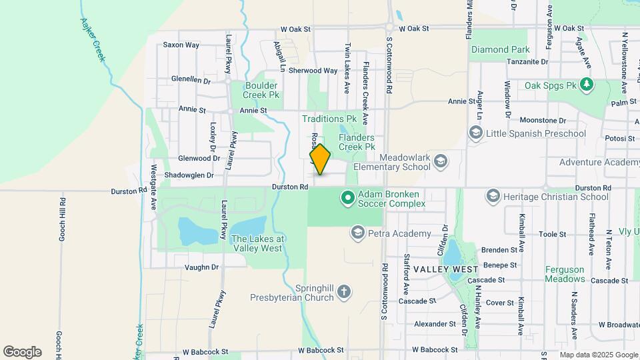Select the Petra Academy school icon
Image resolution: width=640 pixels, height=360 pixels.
tap(357, 233)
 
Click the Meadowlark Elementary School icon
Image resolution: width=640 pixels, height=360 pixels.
tap(440, 161)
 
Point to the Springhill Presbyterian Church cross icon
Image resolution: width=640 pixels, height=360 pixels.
tap(343, 291)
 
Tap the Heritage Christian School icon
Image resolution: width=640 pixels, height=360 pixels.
tap(493, 196)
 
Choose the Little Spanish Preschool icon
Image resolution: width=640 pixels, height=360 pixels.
tap(476, 133)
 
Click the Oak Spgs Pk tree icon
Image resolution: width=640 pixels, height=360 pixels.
tap(586, 85)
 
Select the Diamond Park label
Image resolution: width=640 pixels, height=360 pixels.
tap(500, 49)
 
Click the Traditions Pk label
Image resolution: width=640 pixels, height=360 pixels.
tap(329, 119)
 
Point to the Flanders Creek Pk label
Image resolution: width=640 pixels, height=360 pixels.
tap(357, 142)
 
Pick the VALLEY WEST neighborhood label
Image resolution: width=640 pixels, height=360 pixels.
tap(445, 269)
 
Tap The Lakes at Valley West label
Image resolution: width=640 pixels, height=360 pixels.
tap(257, 243)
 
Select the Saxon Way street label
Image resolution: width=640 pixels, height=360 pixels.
tap(181, 45)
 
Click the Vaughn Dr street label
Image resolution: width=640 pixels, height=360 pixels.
tap(202, 267)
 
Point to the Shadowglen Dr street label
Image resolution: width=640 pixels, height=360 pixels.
tap(191, 175)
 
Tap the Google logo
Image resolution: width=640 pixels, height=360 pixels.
tap(22, 351)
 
